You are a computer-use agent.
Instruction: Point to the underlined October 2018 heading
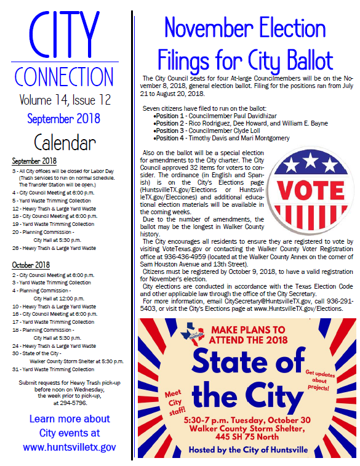pyautogui.click(x=31, y=265)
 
